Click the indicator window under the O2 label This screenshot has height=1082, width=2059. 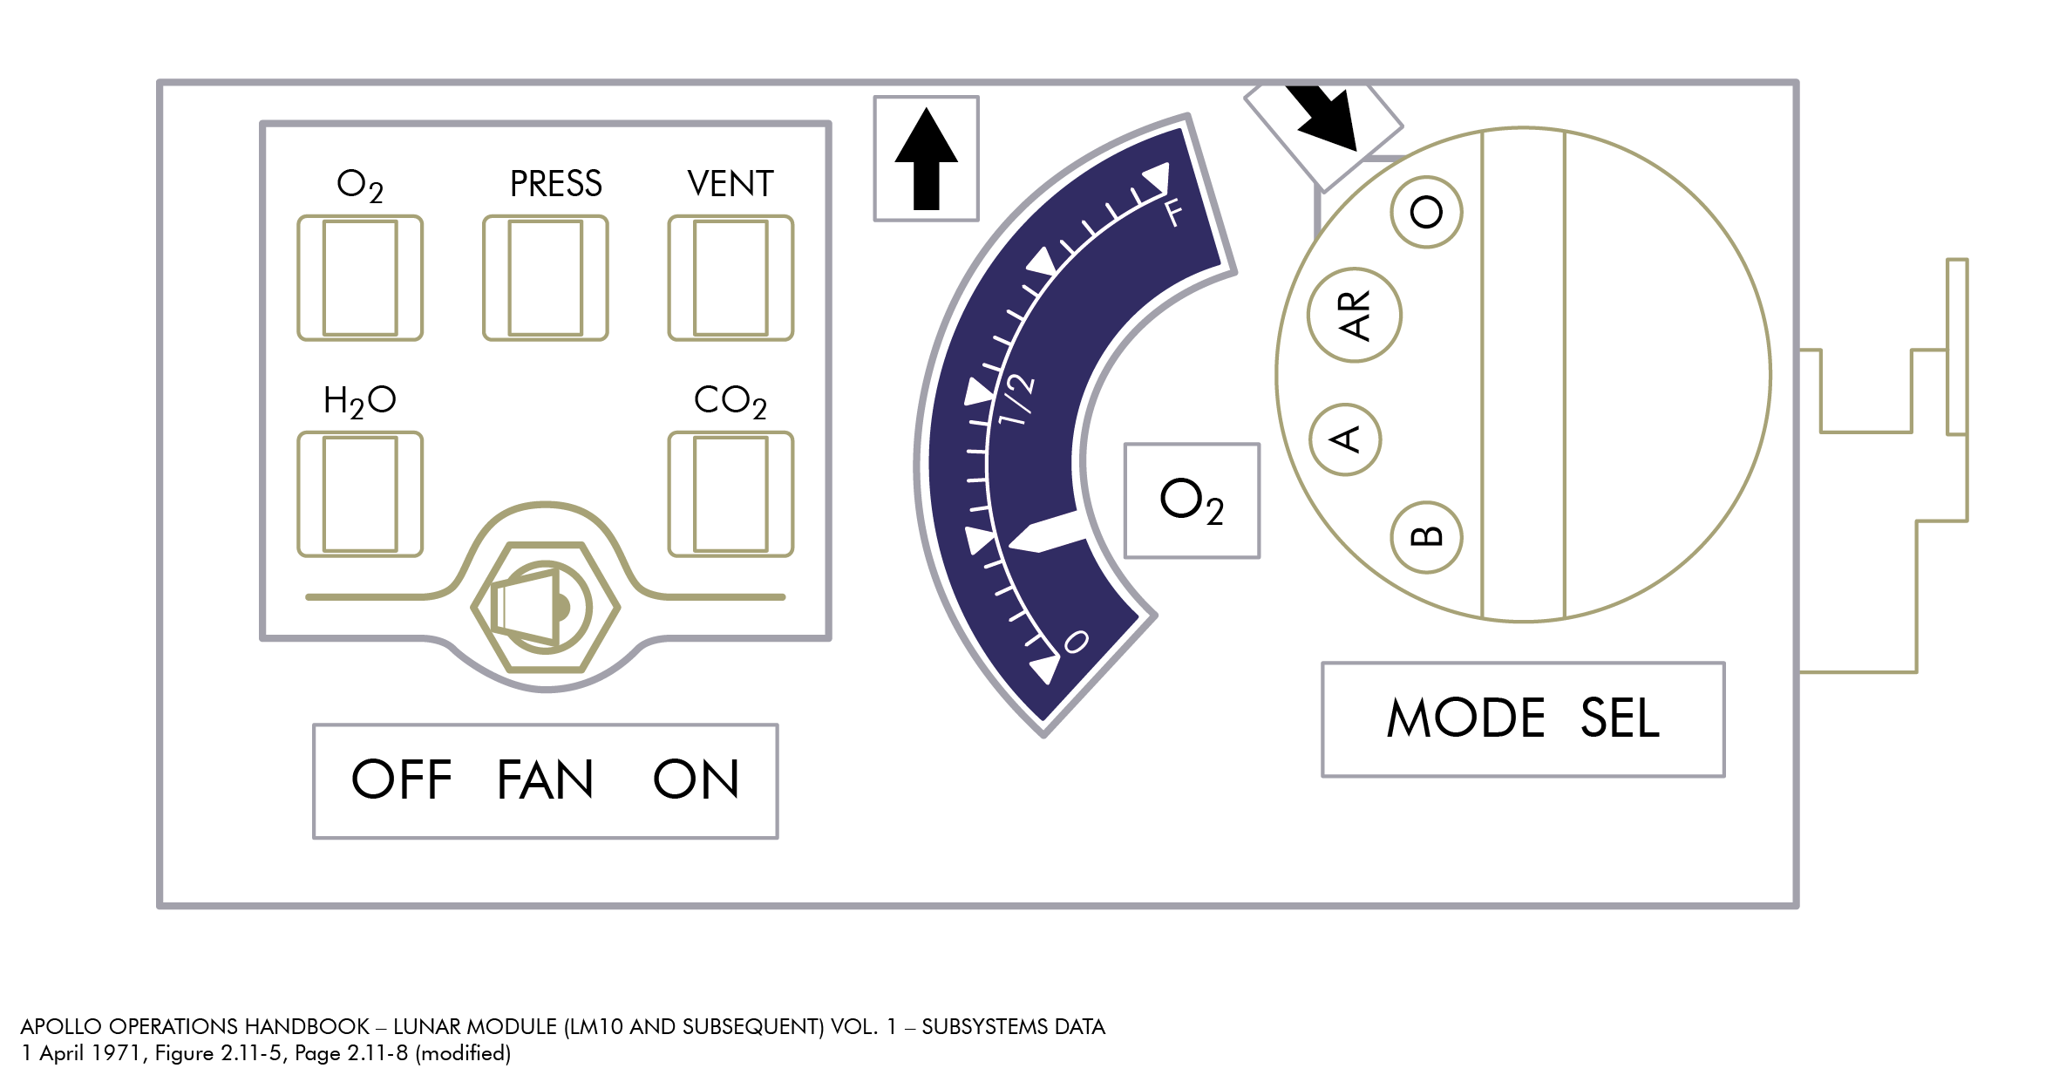point(360,278)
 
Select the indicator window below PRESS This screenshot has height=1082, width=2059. point(546,278)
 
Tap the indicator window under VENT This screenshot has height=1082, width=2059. point(731,278)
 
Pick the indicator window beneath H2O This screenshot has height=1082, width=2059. point(360,494)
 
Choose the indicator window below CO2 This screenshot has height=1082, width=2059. point(731,494)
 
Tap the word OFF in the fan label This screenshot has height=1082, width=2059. point(401,779)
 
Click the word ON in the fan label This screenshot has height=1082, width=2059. point(696,779)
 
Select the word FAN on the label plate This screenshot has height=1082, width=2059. point(545,779)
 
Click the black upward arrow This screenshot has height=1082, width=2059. point(927,159)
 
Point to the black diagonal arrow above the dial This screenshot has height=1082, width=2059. point(1323,116)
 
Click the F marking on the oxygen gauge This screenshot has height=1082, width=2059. point(1174,212)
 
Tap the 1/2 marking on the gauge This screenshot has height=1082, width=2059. point(1017,399)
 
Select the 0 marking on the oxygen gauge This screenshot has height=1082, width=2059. point(1077,643)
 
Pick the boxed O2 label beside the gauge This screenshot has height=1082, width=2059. point(1192,500)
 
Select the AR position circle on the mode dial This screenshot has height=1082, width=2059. point(1355,315)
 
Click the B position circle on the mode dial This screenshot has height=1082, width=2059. point(1427,537)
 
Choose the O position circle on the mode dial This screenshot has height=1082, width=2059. point(1427,212)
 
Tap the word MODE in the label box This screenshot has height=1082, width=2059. point(1466,718)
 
